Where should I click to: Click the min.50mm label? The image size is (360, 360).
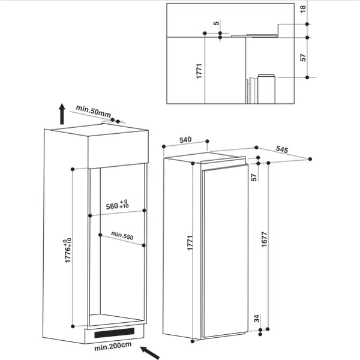point(93,111)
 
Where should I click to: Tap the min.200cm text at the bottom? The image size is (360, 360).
point(113,346)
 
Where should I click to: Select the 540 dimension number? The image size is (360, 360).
point(185,140)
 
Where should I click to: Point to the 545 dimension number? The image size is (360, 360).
point(282,149)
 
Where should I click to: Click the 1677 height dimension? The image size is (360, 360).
point(264,239)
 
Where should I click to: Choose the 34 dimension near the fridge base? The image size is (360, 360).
point(256,319)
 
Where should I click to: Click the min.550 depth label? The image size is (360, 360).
point(122,235)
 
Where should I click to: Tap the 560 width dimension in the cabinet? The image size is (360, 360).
point(117,205)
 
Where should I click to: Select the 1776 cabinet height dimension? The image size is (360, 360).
point(68,250)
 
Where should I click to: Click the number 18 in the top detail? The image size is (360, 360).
point(303,9)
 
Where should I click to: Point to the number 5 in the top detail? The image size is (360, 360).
point(216,23)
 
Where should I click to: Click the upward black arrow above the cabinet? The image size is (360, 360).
point(62,114)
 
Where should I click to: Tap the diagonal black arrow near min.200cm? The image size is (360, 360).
point(150,353)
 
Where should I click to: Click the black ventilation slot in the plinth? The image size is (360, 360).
point(115,332)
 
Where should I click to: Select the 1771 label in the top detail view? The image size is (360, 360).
point(199,71)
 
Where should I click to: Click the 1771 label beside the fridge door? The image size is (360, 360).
point(190,242)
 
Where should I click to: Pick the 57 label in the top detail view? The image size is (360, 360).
point(303,58)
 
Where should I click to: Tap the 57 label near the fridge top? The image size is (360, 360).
point(254,177)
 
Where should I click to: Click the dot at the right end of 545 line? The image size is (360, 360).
point(310,159)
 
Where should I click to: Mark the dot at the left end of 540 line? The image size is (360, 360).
point(164,146)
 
